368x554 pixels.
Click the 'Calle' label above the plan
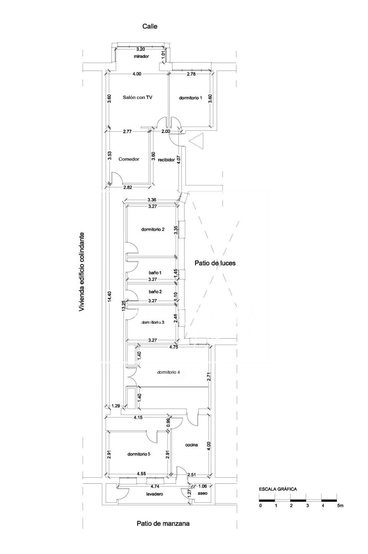point(150,26)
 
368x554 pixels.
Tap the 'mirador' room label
point(141,56)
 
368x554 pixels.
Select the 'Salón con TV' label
point(137,97)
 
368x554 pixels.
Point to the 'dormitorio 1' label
point(190,98)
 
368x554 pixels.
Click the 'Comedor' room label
point(129,159)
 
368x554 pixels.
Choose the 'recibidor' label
point(166,160)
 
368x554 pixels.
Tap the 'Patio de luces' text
point(215,263)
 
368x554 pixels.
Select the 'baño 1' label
point(155,273)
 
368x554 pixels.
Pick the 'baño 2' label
point(155,292)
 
